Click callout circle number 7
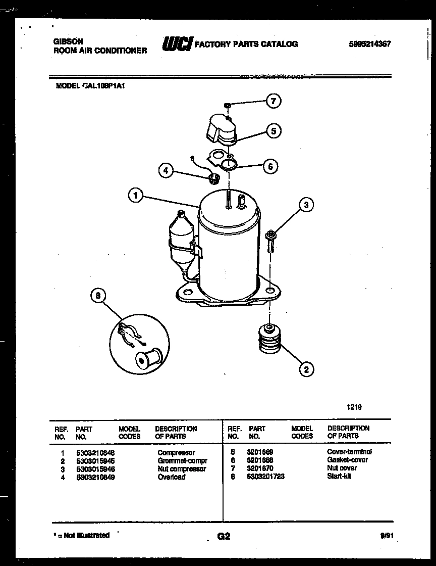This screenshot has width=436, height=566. pyautogui.click(x=273, y=101)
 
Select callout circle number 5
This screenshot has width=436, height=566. pyautogui.click(x=273, y=131)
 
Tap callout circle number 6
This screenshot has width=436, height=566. pyautogui.click(x=271, y=166)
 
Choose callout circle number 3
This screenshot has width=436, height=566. pyautogui.click(x=306, y=205)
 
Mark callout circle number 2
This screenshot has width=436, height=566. pyautogui.click(x=306, y=369)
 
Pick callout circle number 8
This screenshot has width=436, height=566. pyautogui.click(x=98, y=296)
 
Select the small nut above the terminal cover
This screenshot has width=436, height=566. pyautogui.click(x=228, y=105)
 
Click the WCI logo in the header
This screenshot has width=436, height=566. pyautogui.click(x=176, y=44)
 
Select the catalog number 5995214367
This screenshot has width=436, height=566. pyautogui.click(x=369, y=44)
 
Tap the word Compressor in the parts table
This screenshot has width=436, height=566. pyautogui.click(x=176, y=452)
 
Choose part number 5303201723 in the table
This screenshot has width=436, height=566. pyautogui.click(x=265, y=477)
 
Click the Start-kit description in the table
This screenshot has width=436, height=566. pyautogui.click(x=339, y=477)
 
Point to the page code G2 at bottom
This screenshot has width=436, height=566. pyautogui.click(x=223, y=536)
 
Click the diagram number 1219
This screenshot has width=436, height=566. pyautogui.click(x=354, y=407)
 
